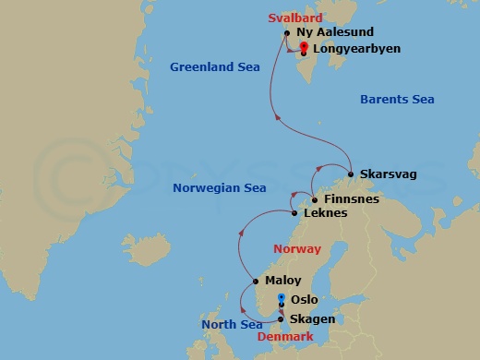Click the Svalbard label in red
(x=294, y=18)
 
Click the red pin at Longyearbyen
(x=304, y=47)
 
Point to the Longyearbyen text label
(x=356, y=48)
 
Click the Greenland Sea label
(x=215, y=66)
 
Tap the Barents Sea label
(x=396, y=99)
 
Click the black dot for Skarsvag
(x=352, y=174)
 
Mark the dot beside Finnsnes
(x=314, y=199)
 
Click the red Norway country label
(x=297, y=249)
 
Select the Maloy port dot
(x=255, y=282)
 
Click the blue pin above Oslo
(x=281, y=296)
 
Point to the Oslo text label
(x=304, y=300)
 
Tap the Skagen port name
(x=311, y=318)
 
